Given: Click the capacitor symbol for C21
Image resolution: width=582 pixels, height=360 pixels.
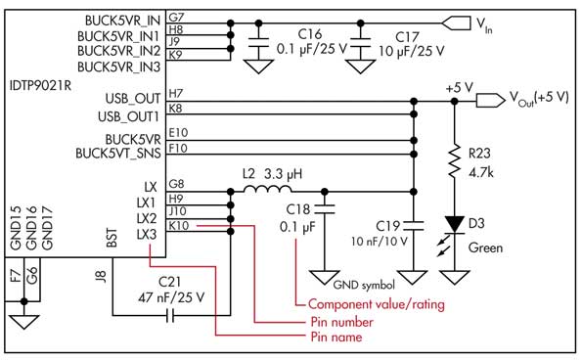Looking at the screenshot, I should point(172,315).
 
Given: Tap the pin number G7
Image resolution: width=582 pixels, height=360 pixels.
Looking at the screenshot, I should point(176,19).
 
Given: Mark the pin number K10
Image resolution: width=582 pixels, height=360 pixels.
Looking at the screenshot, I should point(179,226).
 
